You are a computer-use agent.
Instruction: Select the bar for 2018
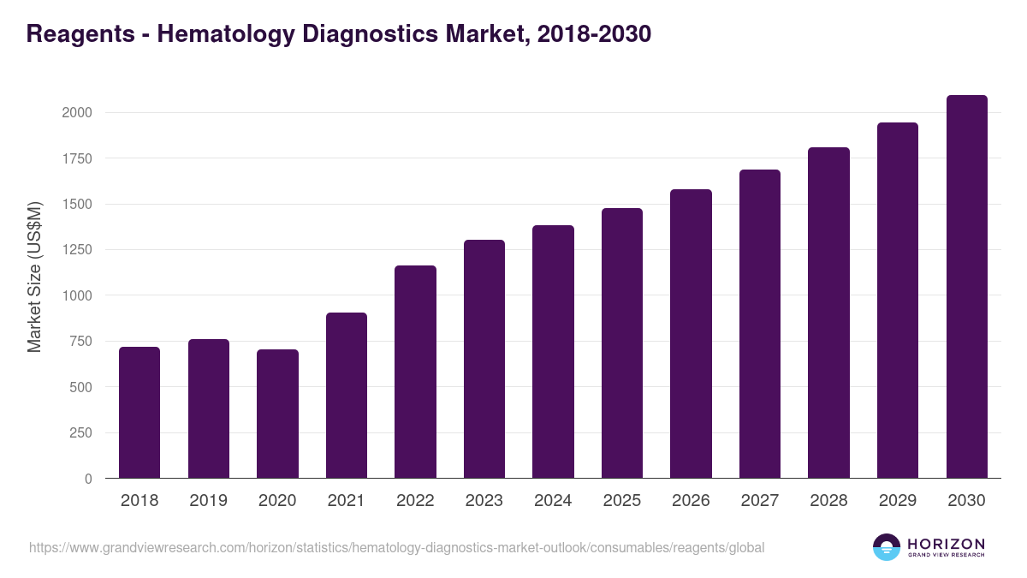[140, 413]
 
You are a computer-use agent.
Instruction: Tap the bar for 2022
[415, 372]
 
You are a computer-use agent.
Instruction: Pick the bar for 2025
[622, 343]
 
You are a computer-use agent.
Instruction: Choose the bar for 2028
[828, 313]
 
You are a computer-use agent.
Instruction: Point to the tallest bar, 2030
[966, 287]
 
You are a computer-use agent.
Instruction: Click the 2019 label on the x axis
[209, 501]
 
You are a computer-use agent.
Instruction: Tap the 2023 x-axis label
[484, 501]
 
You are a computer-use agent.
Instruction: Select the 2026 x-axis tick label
[691, 501]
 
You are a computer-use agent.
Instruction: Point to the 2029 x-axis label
[898, 501]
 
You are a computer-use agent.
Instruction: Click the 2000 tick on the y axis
[76, 113]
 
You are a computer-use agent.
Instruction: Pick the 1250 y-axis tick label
[76, 250]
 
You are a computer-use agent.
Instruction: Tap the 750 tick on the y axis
[80, 342]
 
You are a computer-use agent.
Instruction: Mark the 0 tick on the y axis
[88, 479]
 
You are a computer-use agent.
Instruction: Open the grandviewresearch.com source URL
[397, 547]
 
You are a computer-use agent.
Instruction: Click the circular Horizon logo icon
[887, 547]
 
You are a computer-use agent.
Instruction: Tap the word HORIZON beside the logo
[946, 543]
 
